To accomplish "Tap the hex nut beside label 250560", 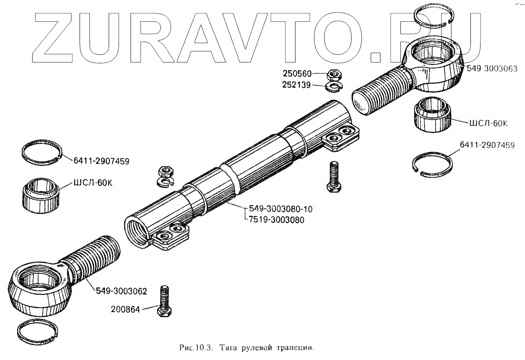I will pyautogui.click(x=333, y=75).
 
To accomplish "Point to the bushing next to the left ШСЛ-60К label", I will pyautogui.click(x=40, y=195).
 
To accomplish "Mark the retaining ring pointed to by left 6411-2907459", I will pyautogui.click(x=42, y=152).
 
